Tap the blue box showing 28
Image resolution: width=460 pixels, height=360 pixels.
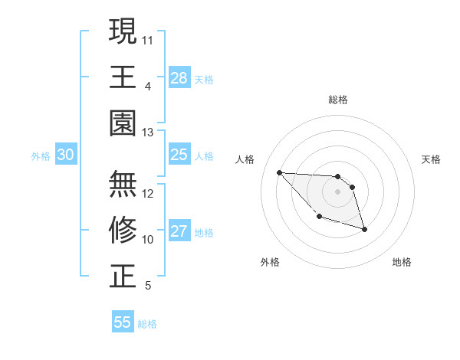tap(179, 78)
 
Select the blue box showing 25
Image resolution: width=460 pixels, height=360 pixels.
tap(179, 155)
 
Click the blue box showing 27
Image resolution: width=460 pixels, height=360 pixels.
tap(179, 231)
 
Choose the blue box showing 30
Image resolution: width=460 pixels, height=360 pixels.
tap(65, 155)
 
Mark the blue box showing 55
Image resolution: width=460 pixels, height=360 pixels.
tap(123, 322)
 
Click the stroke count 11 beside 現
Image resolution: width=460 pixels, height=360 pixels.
tap(148, 39)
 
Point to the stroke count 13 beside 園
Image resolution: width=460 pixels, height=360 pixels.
tap(148, 133)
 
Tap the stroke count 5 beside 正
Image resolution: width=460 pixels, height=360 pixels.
tap(147, 286)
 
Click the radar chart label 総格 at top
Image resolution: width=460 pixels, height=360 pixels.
tap(338, 100)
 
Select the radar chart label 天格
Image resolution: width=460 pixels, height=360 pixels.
tap(432, 159)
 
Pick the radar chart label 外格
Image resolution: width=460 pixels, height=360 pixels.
tap(270, 262)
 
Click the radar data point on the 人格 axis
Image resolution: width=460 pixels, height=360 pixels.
tap(279, 172)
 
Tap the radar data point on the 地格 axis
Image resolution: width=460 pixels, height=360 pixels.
tap(364, 229)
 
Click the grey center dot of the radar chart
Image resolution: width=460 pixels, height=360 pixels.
tap(338, 191)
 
